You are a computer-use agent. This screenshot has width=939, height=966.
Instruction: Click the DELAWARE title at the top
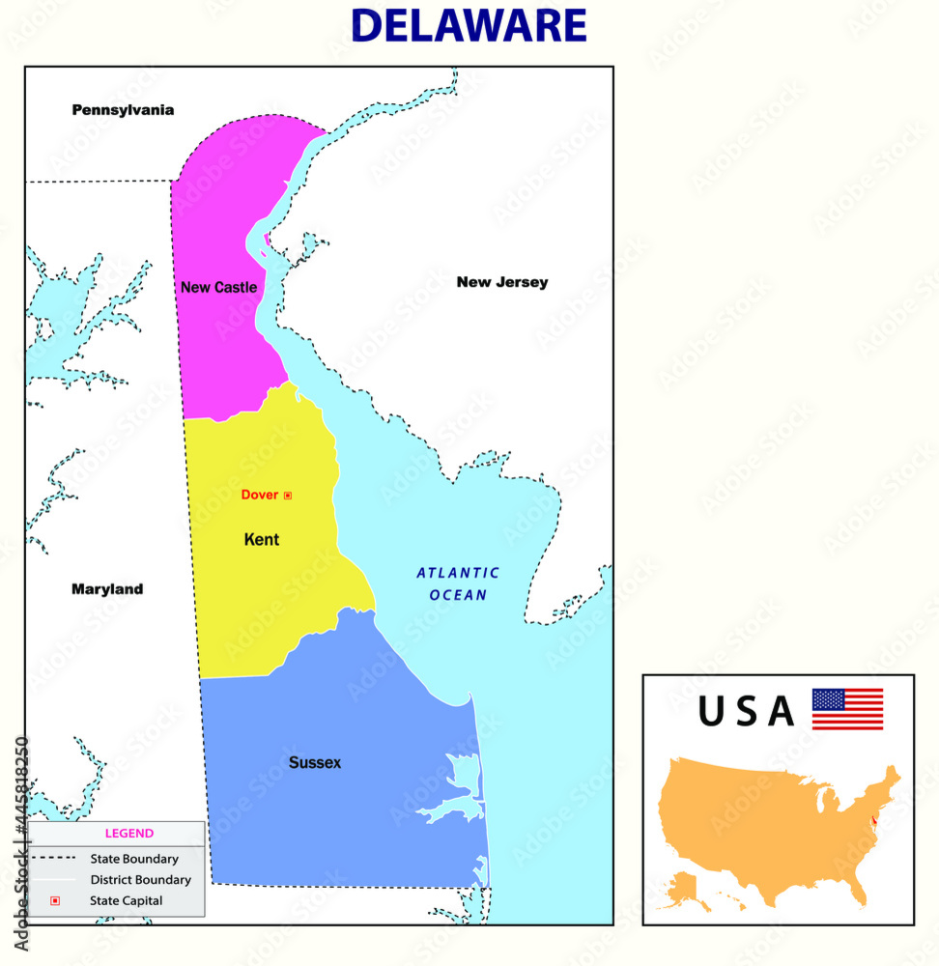(x=469, y=26)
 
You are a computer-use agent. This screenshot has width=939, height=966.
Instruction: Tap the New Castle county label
(x=218, y=287)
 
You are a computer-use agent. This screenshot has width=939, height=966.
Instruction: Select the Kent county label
(x=261, y=540)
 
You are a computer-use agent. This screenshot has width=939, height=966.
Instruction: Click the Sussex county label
(x=315, y=763)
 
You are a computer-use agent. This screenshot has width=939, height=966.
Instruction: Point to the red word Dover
(x=259, y=495)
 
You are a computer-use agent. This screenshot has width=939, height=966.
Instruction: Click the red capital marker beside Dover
(x=287, y=496)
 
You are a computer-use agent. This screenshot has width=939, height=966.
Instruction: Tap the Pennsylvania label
(x=123, y=110)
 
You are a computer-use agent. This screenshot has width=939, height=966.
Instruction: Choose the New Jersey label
(x=501, y=282)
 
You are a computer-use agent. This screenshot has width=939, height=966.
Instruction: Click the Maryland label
(x=107, y=589)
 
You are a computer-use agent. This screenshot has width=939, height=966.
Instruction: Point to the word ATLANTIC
(x=458, y=573)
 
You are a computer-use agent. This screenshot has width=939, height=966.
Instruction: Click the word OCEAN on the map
(x=458, y=595)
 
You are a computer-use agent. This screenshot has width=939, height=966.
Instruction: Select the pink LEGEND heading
(x=128, y=834)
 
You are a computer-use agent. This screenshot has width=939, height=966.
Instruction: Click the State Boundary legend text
(x=134, y=858)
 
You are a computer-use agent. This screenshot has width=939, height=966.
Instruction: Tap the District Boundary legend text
(x=140, y=880)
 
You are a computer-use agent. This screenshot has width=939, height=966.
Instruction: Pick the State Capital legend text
(x=127, y=901)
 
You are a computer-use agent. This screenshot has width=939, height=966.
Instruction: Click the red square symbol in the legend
(x=55, y=901)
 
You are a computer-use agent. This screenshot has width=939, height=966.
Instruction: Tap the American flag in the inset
(x=847, y=709)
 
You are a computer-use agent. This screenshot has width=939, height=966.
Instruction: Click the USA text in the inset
(x=746, y=712)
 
